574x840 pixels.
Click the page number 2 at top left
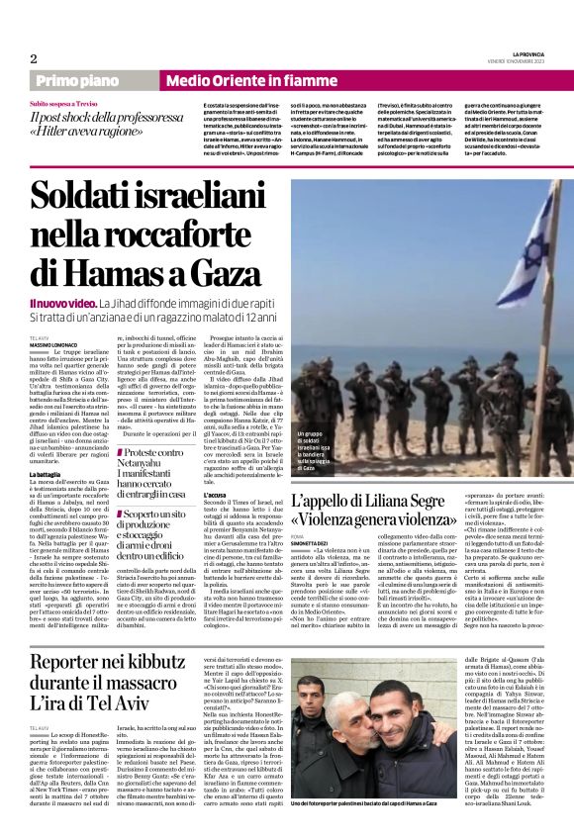tap(34, 58)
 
